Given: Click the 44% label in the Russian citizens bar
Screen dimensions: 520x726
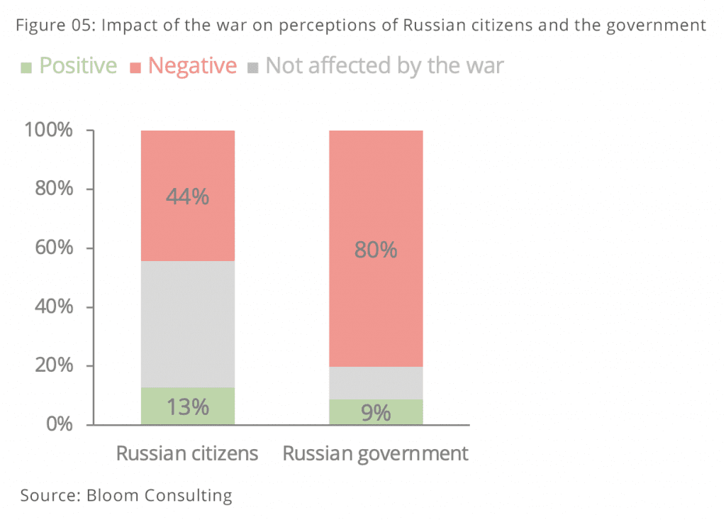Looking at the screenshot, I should [187, 197].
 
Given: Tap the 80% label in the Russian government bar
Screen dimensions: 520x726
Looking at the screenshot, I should [376, 250].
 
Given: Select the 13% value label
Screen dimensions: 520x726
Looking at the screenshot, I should [187, 407].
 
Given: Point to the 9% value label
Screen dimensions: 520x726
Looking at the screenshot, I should [376, 412].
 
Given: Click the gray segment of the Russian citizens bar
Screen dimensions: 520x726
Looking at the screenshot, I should [187, 324].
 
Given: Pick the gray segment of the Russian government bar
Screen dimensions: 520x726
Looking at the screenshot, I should [376, 382].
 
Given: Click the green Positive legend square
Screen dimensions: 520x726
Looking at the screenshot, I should [26, 67].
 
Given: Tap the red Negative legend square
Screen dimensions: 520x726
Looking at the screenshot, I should [136, 67].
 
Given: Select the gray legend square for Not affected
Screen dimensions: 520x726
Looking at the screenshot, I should [253, 67].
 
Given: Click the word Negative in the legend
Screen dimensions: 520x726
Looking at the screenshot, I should [192, 66].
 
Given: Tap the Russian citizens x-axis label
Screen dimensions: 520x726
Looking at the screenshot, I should [187, 453].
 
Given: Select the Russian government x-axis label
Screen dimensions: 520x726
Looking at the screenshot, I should [376, 454].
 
